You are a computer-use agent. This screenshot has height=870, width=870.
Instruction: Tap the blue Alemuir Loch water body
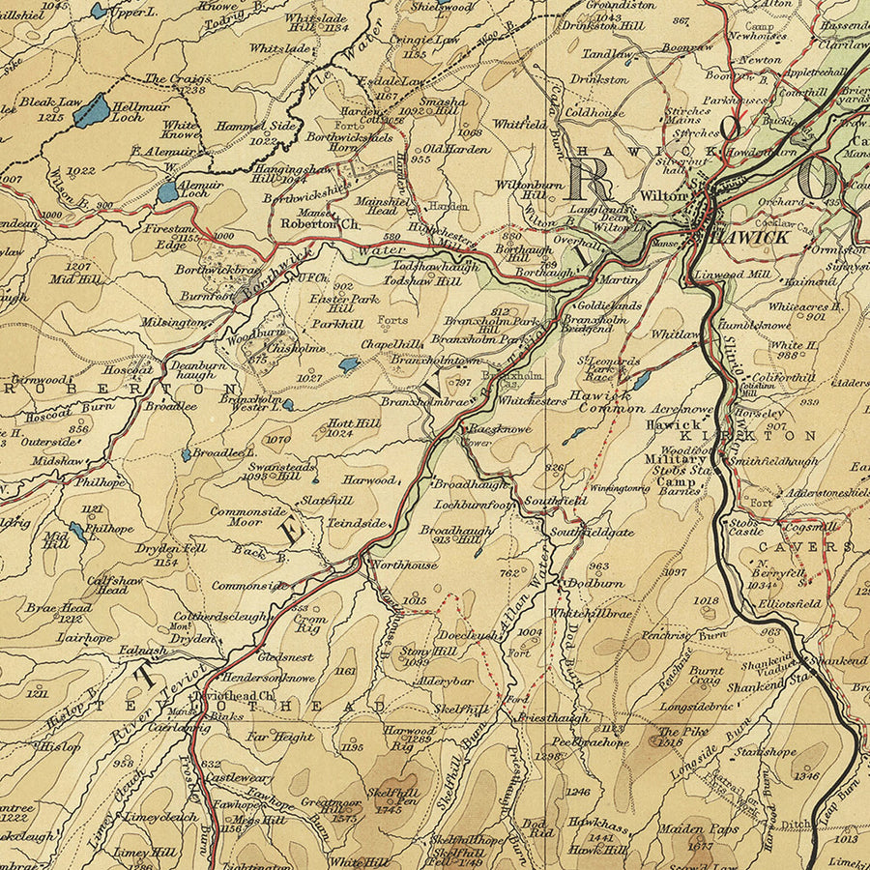[168, 191]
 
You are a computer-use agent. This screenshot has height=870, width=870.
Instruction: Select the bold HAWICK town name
[745, 236]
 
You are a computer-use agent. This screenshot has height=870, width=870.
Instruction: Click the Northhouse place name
[403, 565]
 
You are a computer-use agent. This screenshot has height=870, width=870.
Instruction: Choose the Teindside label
[358, 523]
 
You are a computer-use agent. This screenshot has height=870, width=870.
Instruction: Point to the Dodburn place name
[594, 584]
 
